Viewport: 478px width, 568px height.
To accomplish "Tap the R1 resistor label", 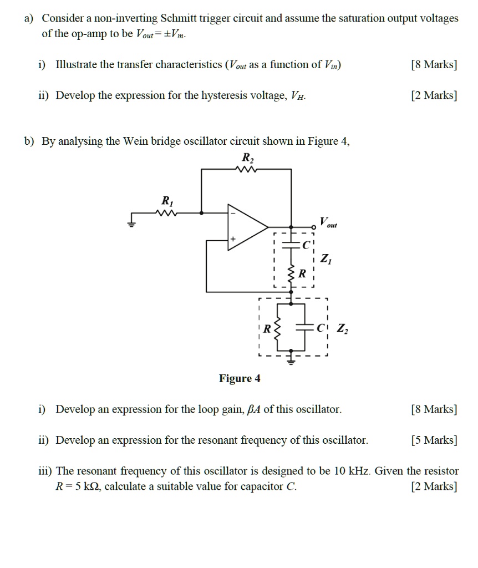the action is (166, 200).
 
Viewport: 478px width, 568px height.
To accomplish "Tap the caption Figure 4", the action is (240, 379).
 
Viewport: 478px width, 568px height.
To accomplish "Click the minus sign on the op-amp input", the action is (233, 213).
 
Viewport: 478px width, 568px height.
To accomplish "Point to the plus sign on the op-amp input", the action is (233, 238).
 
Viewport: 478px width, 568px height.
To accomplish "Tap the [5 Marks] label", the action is (435, 440).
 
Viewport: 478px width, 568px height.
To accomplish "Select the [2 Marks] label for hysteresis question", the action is (435, 95).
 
